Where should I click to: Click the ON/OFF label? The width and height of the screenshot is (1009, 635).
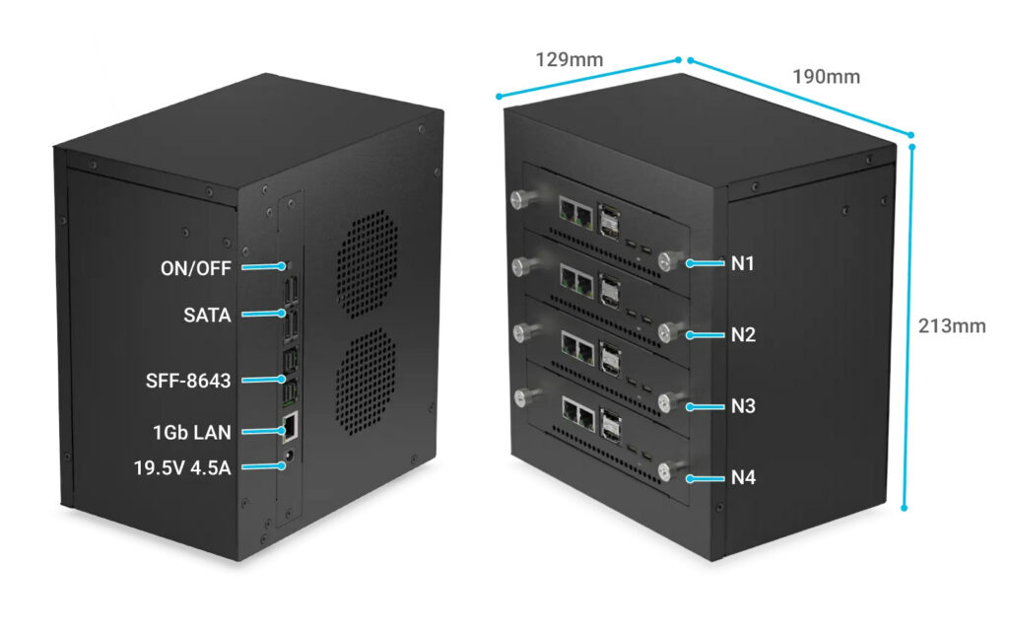(x=196, y=266)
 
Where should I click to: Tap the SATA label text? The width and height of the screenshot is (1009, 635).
(x=207, y=316)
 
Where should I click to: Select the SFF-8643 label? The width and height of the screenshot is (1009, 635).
(x=187, y=380)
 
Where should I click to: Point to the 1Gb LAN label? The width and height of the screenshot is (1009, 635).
(x=194, y=431)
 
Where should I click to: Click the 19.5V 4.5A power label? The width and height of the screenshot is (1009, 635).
(x=182, y=467)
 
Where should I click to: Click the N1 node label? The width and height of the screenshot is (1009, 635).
(x=742, y=263)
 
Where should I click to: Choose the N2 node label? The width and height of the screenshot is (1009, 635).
(x=742, y=334)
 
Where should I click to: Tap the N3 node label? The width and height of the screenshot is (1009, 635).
(x=742, y=405)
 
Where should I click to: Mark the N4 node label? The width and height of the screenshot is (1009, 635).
(x=742, y=478)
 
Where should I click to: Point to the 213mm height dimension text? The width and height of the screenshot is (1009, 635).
(x=951, y=326)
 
